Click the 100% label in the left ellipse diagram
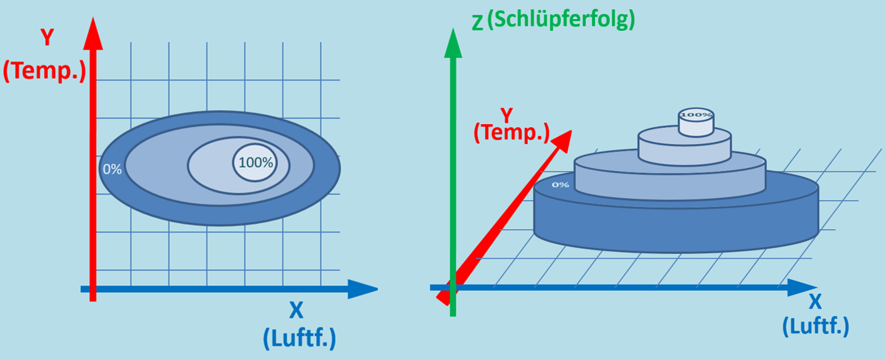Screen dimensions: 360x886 [x=255, y=163]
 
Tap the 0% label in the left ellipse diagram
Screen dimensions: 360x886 [x=112, y=169]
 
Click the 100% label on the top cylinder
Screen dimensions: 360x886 [x=696, y=114]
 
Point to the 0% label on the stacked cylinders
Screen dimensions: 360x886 [x=560, y=184]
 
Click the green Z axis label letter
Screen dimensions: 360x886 [x=477, y=22]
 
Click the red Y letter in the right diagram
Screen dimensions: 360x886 [x=506, y=115]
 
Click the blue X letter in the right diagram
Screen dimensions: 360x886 [x=816, y=301]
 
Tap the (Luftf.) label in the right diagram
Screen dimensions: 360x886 [x=816, y=325]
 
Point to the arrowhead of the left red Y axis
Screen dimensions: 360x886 [x=93, y=34]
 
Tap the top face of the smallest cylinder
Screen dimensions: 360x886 [x=696, y=115]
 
